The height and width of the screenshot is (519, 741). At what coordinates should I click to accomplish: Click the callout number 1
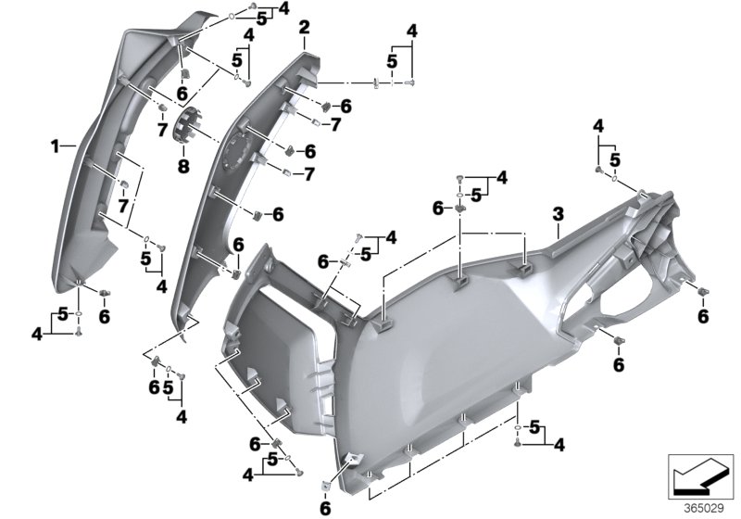coord(56,146)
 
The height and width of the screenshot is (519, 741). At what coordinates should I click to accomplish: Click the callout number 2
coord(303,31)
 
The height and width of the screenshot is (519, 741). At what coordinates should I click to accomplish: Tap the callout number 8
coord(182,168)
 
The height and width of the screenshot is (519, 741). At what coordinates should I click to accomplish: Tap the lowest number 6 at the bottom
coord(326,508)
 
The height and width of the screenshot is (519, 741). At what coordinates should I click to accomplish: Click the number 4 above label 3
coord(598,125)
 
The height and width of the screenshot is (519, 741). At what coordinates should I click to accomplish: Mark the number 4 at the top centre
coord(411,31)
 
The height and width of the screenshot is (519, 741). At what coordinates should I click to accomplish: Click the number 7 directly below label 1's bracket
coord(122,203)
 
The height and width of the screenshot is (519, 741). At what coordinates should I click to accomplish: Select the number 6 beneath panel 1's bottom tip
coord(104,317)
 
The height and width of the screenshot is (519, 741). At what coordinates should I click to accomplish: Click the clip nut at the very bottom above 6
coord(327,482)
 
